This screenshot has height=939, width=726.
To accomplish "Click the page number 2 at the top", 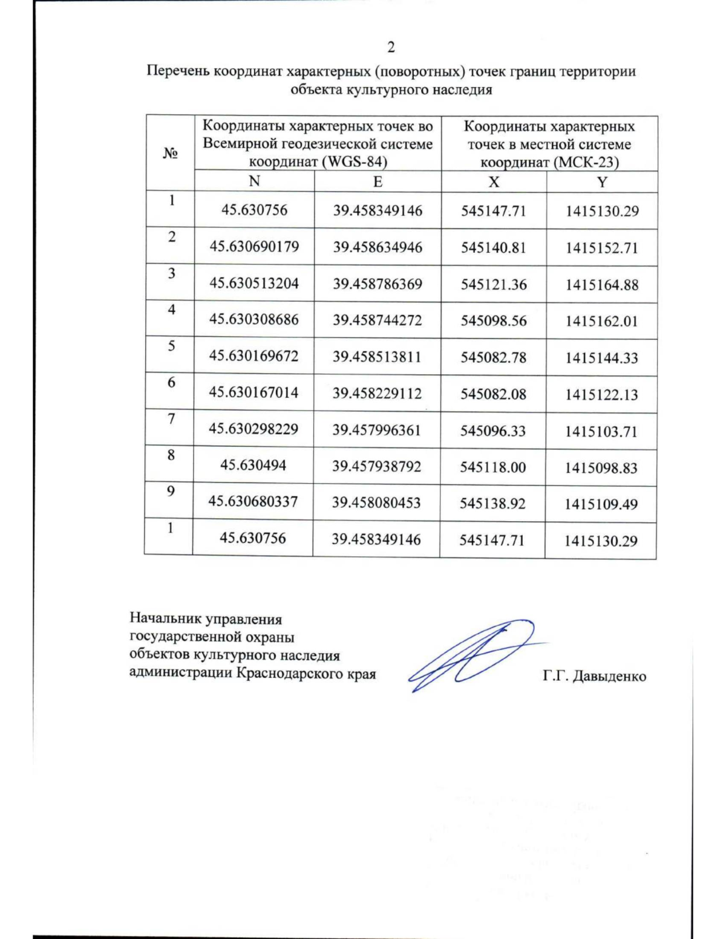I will [x=391, y=47].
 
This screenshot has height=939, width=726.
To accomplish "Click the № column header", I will [x=170, y=152].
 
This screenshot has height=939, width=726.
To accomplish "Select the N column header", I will [x=254, y=181].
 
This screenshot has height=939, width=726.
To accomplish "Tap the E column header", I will [x=378, y=182].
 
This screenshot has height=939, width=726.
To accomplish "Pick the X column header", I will [x=494, y=182].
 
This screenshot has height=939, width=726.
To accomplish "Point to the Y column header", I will [x=602, y=182].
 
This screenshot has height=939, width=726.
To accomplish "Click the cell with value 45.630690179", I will [x=254, y=247].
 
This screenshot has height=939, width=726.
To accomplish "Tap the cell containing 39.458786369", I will [x=378, y=284].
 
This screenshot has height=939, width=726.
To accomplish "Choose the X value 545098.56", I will [x=494, y=320].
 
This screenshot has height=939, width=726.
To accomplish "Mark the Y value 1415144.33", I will [x=602, y=358].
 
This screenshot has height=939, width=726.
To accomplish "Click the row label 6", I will [x=171, y=382].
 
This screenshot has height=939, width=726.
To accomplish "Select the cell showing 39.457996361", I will [x=377, y=430].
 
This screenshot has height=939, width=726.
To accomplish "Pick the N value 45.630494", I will [x=253, y=465].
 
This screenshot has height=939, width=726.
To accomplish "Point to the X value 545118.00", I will [x=493, y=467].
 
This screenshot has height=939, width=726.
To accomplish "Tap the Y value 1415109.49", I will [x=601, y=504].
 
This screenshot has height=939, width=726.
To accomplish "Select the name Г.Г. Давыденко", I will [x=594, y=676].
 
